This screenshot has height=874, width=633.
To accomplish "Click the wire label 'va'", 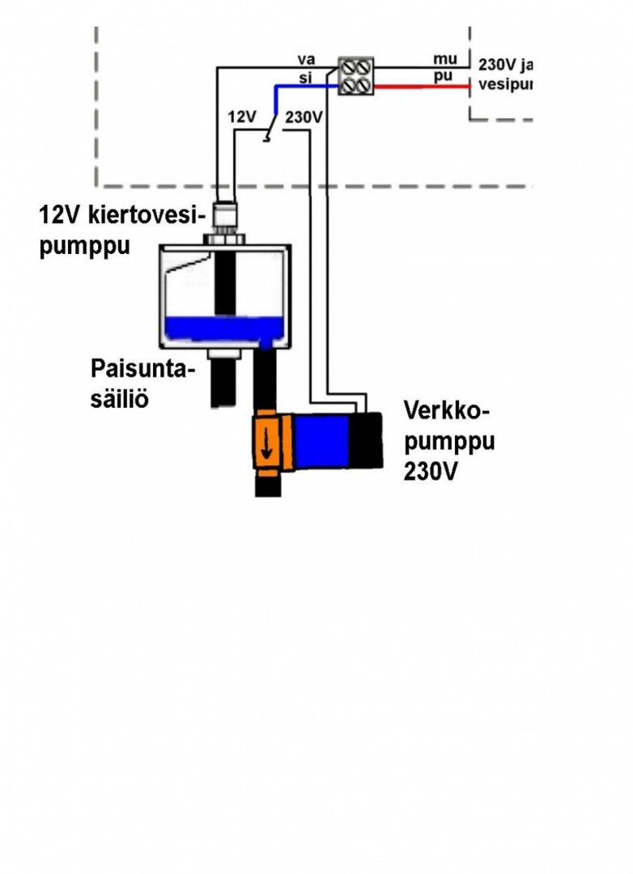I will pos(305,59).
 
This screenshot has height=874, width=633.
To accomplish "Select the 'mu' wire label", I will pos(445,59).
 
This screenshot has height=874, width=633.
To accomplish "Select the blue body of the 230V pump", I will pos(321,441).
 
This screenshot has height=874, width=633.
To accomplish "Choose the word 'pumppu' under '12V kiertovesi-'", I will pos(85,246).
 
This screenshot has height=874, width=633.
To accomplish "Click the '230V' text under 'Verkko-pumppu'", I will pos(429,471).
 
